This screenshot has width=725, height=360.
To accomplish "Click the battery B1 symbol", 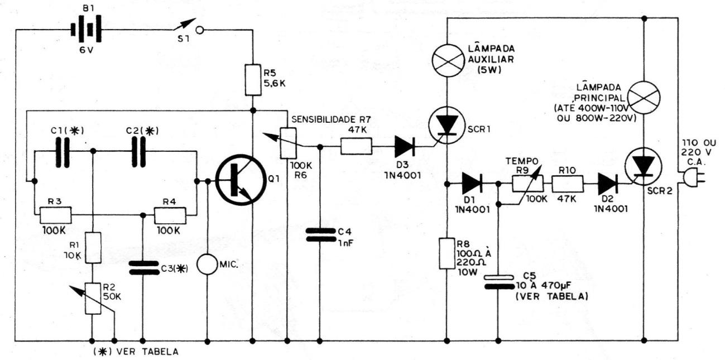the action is pyautogui.click(x=86, y=30).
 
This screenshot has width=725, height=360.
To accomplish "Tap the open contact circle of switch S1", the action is pyautogui.click(x=200, y=30).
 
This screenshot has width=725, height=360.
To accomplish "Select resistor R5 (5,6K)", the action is pyautogui.click(x=253, y=80).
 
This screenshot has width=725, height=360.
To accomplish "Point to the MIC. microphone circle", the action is pyautogui.click(x=207, y=265).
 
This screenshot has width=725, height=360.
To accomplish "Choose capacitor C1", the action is pyautogui.click(x=63, y=152).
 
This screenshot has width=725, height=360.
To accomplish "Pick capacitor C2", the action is pyautogui.click(x=138, y=152).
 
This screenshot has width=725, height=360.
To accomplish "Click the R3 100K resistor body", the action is pyautogui.click(x=55, y=215).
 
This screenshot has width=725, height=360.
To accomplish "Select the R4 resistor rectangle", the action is pyautogui.click(x=170, y=215).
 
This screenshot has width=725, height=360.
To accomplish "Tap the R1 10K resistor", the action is pyautogui.click(x=93, y=247).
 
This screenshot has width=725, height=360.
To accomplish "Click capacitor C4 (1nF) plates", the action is pyautogui.click(x=320, y=236).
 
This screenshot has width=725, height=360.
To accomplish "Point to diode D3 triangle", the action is pyautogui.click(x=405, y=146).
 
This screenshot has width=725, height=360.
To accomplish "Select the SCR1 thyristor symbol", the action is pyautogui.click(x=447, y=125).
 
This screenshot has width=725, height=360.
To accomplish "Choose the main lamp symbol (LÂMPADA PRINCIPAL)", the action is pyautogui.click(x=644, y=98).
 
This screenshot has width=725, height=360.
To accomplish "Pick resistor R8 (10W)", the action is pyautogui.click(x=447, y=253).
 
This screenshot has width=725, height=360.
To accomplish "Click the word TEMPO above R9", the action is pyautogui.click(x=522, y=161).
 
